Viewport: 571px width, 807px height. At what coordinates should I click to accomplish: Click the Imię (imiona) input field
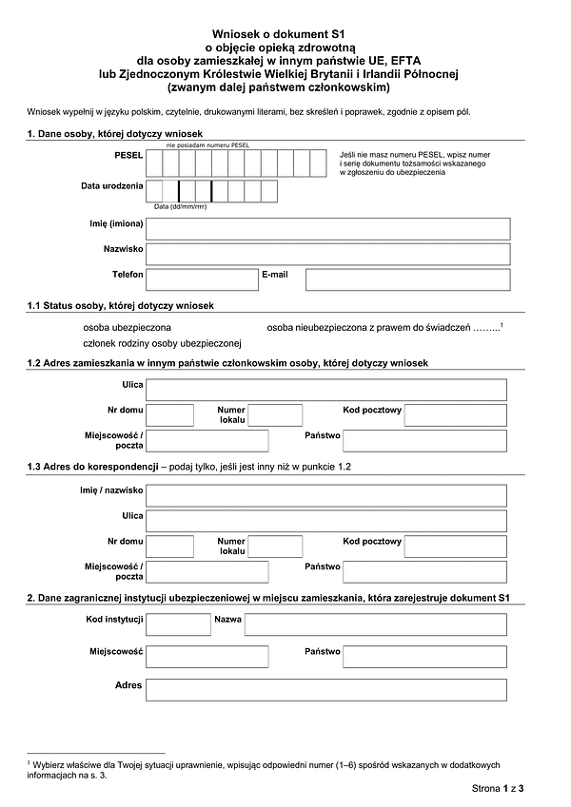(x=328, y=228)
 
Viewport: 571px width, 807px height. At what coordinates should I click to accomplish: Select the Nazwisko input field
(x=328, y=254)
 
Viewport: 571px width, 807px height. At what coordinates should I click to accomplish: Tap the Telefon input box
(x=202, y=279)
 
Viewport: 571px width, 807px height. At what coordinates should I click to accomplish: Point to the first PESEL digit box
(x=155, y=163)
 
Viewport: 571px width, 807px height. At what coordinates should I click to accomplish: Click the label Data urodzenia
(x=111, y=186)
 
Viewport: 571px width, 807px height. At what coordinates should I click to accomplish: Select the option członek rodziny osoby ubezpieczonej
(x=163, y=343)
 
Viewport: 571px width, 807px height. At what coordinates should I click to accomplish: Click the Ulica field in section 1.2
(x=328, y=389)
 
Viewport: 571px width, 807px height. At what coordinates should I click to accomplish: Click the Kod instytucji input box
(x=179, y=624)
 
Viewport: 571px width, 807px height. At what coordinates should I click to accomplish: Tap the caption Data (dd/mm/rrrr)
(x=181, y=206)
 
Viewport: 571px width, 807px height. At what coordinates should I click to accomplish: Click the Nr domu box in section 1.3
(x=171, y=546)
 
